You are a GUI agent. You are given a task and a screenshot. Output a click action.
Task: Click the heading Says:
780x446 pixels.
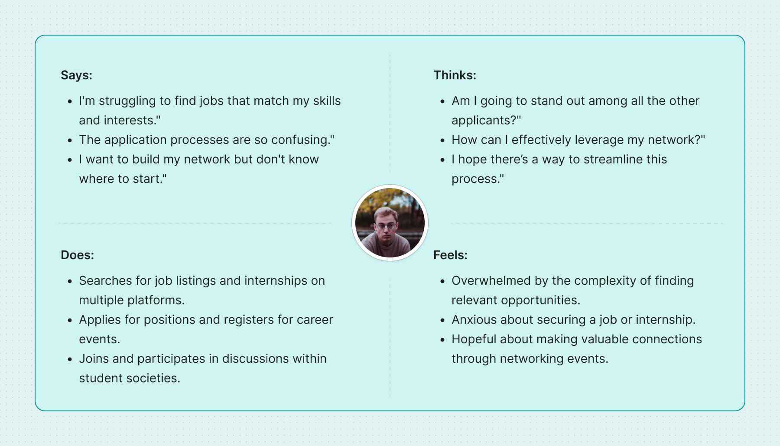[x=76, y=75]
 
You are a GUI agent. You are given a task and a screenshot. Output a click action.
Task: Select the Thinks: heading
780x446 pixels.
[x=455, y=75]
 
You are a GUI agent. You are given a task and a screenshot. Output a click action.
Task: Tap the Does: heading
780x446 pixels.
[x=77, y=255]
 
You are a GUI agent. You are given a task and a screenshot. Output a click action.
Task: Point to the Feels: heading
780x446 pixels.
[x=450, y=255]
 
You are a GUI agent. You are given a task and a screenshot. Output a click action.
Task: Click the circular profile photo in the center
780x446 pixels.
[x=390, y=223]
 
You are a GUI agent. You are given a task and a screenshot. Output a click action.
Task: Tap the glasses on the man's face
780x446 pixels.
[x=386, y=226]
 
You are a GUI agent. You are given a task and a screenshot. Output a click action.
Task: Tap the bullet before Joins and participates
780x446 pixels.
[x=70, y=359]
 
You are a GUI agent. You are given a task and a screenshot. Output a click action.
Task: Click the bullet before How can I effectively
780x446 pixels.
[x=442, y=140]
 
